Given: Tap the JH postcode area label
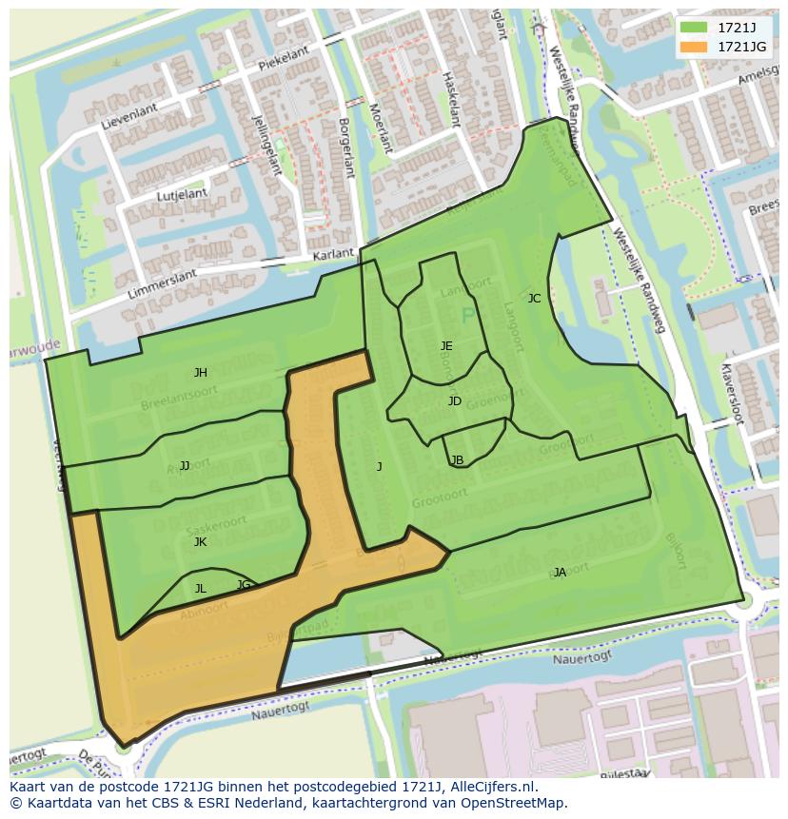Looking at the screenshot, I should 200,373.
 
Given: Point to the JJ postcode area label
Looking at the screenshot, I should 185,465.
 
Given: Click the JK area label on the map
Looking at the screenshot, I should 200,541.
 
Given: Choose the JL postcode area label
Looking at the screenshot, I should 200,588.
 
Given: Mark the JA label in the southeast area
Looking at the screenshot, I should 560,572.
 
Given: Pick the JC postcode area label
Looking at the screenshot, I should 534,298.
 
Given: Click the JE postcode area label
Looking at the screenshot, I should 446,345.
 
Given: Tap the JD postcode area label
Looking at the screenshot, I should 454,400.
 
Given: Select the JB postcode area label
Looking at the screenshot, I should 457,459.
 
